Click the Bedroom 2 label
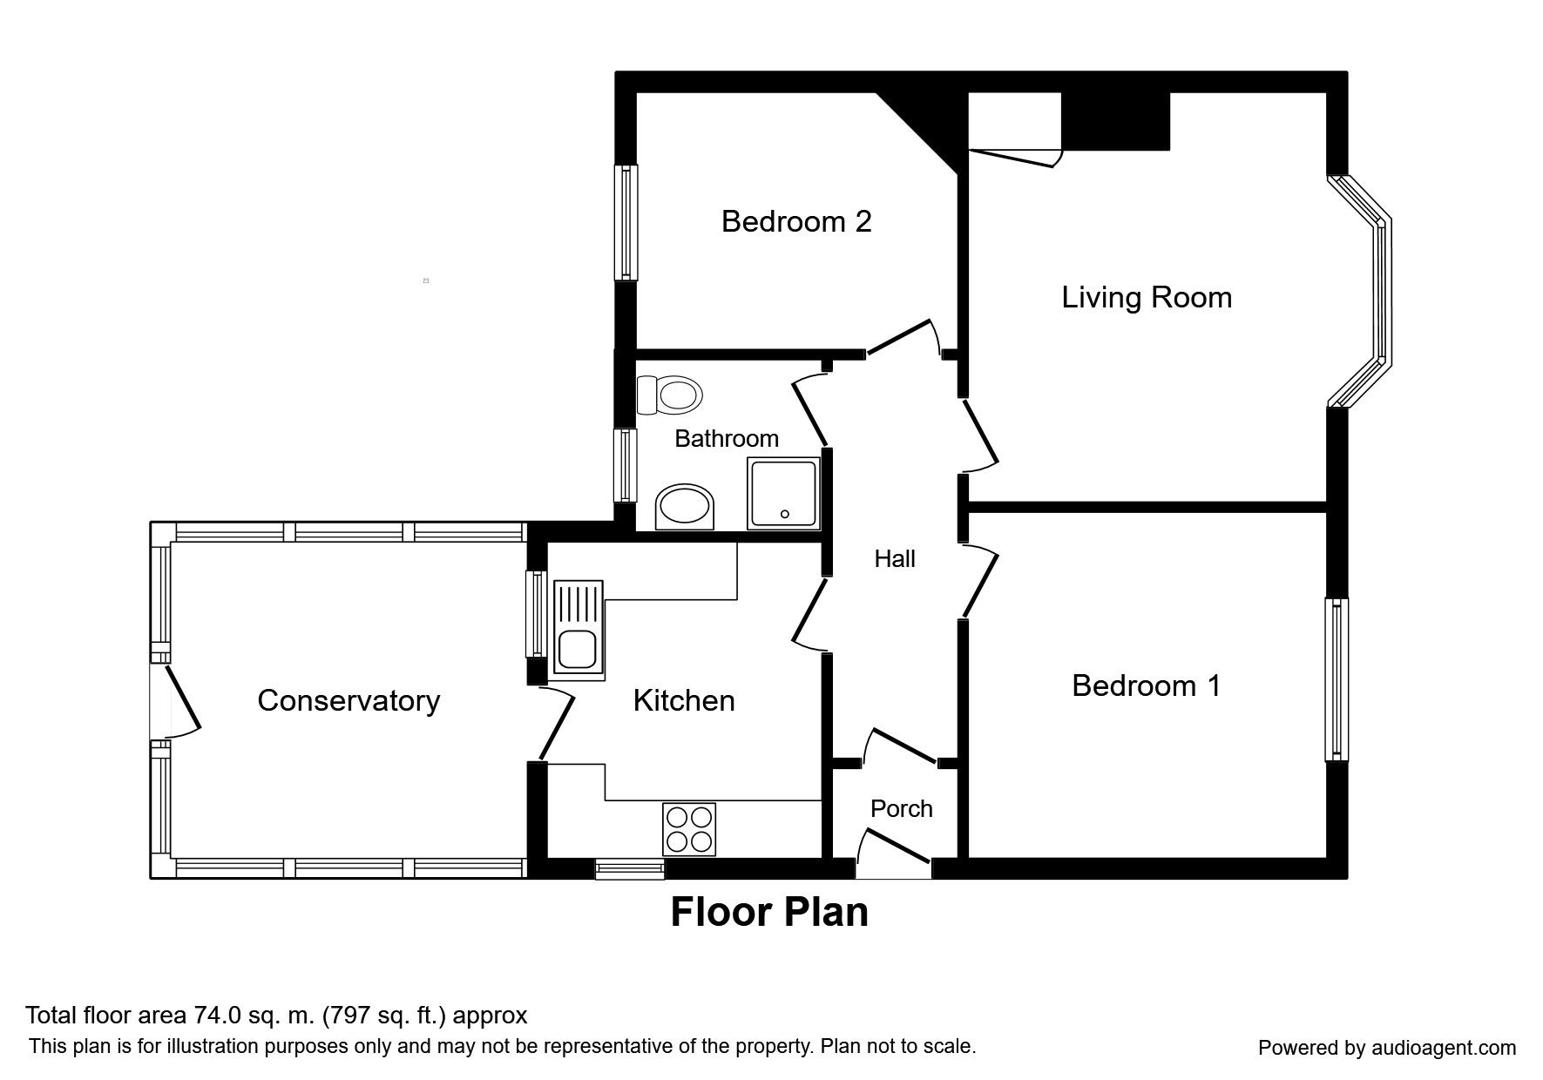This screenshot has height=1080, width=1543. pos(796,221)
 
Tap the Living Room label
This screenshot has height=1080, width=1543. pos(1147,298)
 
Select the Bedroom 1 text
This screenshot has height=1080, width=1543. pos(1146,685)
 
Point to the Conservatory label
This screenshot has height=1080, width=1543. pos(349,700)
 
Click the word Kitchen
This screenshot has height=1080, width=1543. pos(684,700)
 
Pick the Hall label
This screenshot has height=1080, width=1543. pos(895,558)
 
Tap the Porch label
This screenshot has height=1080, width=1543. pos(902,809)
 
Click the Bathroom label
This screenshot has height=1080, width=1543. pos(727,438)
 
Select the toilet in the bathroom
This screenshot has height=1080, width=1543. pos(669,395)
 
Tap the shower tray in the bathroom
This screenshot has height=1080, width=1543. pos(783,494)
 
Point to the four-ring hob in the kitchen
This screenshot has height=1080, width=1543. pos(689,828)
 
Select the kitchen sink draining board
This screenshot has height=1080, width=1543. pos(577,603)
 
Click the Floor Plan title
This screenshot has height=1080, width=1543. pos(769,912)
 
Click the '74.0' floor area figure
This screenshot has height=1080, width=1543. pos(227,1016)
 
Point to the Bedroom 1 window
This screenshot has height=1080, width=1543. pos(1337,678)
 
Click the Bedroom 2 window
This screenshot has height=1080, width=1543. pos(626,222)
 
